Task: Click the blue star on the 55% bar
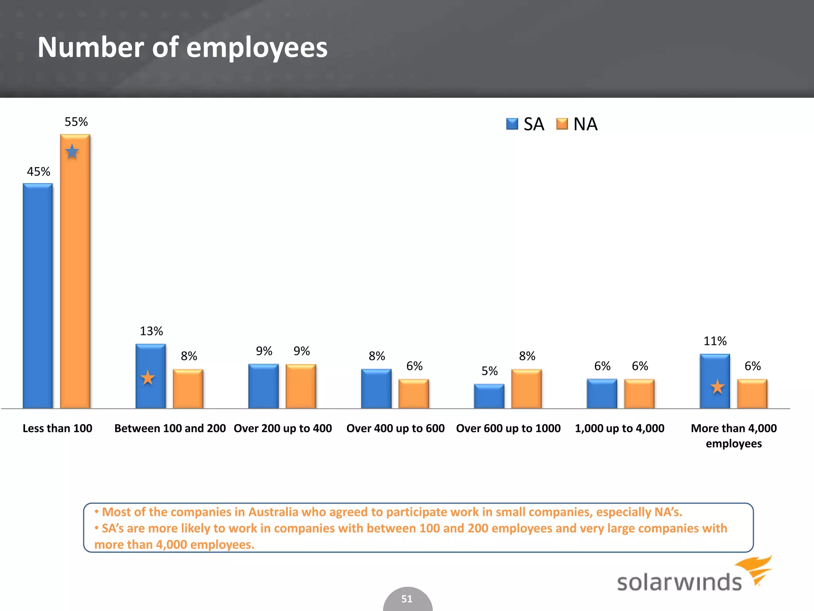click(72, 152)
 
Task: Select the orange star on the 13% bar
click(148, 377)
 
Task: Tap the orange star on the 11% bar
click(717, 387)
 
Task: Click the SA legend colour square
click(512, 124)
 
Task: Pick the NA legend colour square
click(562, 124)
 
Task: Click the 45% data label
click(39, 172)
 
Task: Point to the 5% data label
click(489, 371)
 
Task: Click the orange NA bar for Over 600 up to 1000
click(526, 389)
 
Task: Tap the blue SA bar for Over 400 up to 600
click(376, 389)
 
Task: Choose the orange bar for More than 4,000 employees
click(752, 394)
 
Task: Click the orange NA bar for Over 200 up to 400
click(301, 386)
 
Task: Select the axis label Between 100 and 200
click(170, 428)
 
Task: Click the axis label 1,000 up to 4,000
click(620, 428)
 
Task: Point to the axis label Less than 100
click(57, 428)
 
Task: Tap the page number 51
click(407, 599)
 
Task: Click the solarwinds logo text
click(679, 582)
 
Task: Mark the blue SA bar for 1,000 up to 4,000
click(602, 394)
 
